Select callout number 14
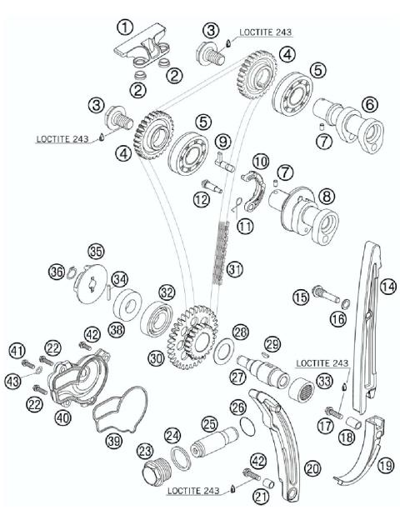387,285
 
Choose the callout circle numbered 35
96,251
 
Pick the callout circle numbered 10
261,160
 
